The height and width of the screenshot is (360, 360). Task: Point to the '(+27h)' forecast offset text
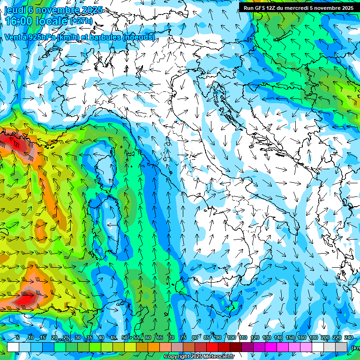(82, 21)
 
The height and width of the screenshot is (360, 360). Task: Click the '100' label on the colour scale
(231, 338)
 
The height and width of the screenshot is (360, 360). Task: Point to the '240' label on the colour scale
(349, 338)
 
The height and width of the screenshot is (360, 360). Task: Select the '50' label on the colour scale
(124, 338)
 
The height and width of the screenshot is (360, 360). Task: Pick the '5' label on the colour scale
(18, 338)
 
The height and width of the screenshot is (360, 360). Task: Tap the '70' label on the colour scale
(171, 338)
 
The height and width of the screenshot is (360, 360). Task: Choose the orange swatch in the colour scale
(154, 347)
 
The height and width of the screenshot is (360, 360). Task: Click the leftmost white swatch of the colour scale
(13, 347)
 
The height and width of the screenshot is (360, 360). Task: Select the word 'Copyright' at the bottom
(177, 357)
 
